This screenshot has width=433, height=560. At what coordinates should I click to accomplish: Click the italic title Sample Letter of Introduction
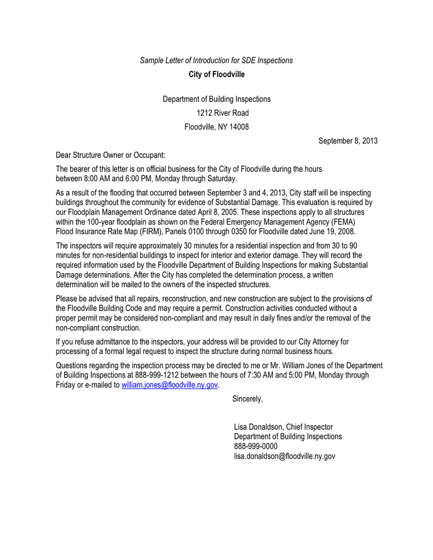(216, 60)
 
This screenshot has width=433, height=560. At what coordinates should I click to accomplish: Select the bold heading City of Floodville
(216, 75)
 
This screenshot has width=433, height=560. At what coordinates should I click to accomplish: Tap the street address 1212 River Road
(222, 113)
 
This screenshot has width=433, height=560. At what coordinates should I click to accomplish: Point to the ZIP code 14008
(238, 127)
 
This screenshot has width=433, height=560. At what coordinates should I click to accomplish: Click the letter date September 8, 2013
(348, 141)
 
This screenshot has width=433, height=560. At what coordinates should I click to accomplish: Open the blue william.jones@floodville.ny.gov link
(169, 385)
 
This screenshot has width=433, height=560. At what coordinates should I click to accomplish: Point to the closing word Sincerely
(248, 399)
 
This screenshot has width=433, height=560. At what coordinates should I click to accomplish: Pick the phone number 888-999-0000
(256, 446)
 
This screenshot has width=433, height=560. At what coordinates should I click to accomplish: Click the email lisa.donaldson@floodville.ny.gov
(284, 456)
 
